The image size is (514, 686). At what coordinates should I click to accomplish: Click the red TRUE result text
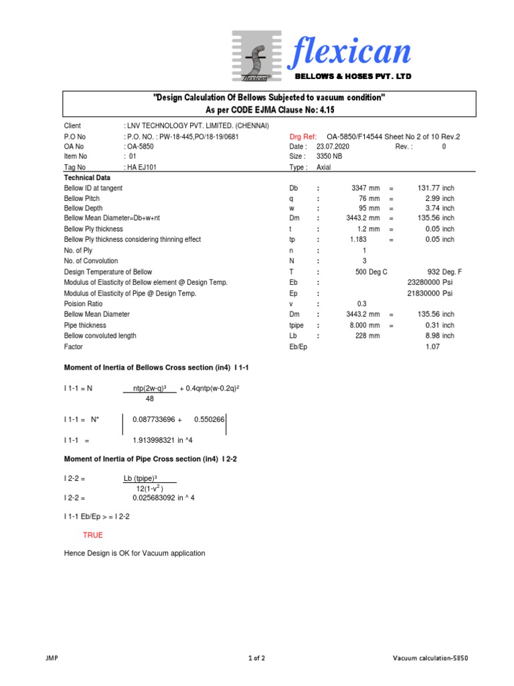point(93,535)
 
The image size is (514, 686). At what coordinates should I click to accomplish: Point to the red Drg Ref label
point(303,137)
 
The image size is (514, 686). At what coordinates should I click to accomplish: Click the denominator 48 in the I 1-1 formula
point(149,399)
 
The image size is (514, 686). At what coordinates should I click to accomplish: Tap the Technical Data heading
point(88,178)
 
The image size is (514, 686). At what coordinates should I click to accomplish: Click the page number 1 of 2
point(256,659)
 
